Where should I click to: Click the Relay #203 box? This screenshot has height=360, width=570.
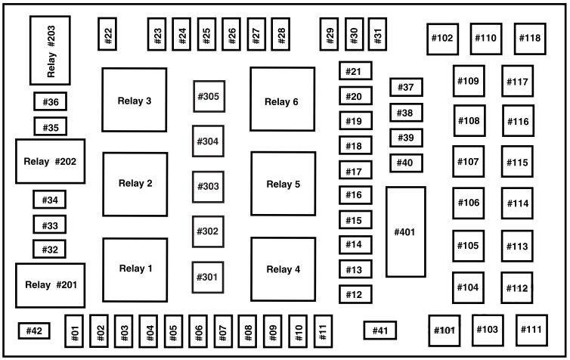[x=50, y=50]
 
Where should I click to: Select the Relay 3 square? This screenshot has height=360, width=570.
[x=135, y=100]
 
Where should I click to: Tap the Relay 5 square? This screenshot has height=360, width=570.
[x=283, y=184]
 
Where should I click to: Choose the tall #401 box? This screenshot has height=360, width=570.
[x=405, y=231]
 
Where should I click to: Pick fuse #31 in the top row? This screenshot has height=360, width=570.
[x=377, y=34]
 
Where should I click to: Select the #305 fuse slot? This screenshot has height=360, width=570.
[x=208, y=97]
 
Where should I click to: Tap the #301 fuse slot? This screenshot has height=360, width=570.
[x=208, y=277]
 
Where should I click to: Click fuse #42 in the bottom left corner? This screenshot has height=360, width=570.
[x=33, y=331]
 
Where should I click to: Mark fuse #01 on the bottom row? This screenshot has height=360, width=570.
[x=74, y=331]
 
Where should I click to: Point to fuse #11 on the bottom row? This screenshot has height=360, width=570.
[x=324, y=331]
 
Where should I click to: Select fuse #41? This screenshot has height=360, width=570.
[x=379, y=330]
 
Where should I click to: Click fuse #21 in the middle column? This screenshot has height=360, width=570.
[x=355, y=72]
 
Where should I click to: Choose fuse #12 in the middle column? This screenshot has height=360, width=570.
[x=355, y=294]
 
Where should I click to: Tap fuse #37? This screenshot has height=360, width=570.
[x=406, y=88]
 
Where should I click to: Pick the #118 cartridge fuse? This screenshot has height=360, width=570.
[x=530, y=38]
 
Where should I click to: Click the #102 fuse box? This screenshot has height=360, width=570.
[x=442, y=38]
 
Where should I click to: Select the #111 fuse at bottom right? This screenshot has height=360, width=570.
[x=532, y=330]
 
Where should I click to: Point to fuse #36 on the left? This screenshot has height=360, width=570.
[x=51, y=102]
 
